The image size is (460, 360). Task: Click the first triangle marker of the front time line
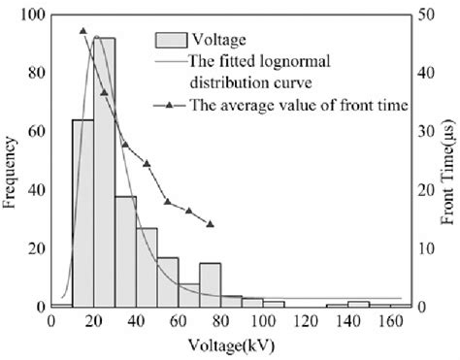point(82,31)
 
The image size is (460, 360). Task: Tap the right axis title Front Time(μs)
point(447,161)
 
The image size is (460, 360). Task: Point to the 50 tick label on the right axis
point(423,16)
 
